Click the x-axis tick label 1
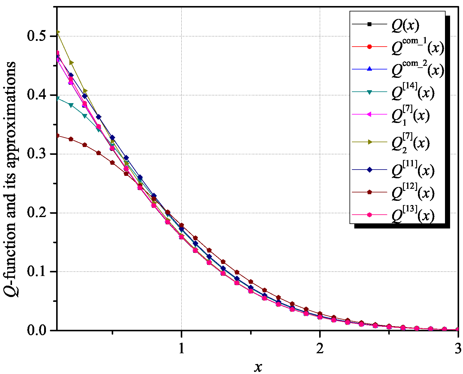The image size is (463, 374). pos(181,348)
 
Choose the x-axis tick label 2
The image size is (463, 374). pos(320,348)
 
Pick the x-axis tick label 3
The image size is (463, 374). pos(458,348)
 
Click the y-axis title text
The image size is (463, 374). pos(11,179)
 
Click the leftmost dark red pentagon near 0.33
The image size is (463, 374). pos(57,136)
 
